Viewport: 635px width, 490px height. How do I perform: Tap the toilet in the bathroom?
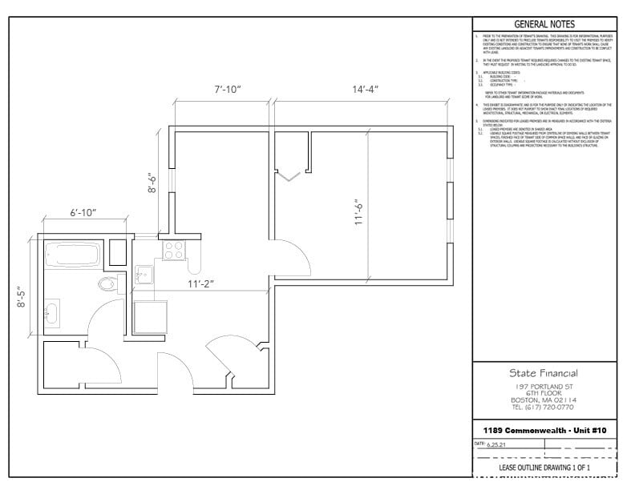tap(107, 283)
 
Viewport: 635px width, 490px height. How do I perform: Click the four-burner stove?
tap(174, 251)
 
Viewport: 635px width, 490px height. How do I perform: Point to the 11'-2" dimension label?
tap(200, 283)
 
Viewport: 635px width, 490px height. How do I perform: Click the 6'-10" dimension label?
tap(83, 213)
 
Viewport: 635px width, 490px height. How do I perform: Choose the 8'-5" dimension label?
tap(23, 295)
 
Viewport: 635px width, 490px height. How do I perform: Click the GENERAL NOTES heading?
tap(544, 24)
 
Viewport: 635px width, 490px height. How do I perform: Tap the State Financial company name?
tap(544, 373)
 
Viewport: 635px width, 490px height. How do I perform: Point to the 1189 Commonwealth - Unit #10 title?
tap(544, 431)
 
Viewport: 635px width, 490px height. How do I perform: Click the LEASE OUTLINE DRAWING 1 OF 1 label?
tap(544, 467)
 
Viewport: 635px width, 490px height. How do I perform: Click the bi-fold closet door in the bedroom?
tap(288, 174)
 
